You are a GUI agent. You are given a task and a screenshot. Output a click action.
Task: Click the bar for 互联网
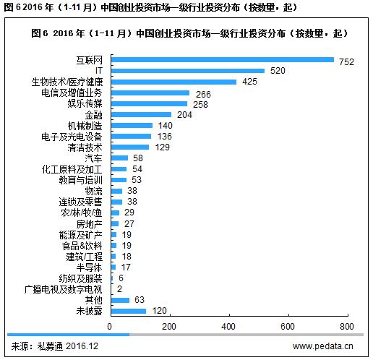tap(221, 60)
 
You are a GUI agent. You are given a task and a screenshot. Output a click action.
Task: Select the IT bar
tap(186, 71)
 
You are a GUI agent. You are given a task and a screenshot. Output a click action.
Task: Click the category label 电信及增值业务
tap(72, 93)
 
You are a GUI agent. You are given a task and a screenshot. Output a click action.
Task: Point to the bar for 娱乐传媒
tap(148, 103)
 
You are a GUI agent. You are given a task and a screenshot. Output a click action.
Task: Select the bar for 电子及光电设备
tap(130, 136)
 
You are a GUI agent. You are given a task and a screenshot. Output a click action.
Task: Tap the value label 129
tap(163, 147)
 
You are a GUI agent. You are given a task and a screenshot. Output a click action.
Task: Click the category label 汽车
tap(93, 158)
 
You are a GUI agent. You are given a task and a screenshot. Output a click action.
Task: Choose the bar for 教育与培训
tap(118, 179)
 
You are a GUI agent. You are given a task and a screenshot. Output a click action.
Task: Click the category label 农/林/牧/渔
tap(82, 213)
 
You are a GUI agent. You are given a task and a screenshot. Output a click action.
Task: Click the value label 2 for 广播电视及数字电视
tap(119, 288)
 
